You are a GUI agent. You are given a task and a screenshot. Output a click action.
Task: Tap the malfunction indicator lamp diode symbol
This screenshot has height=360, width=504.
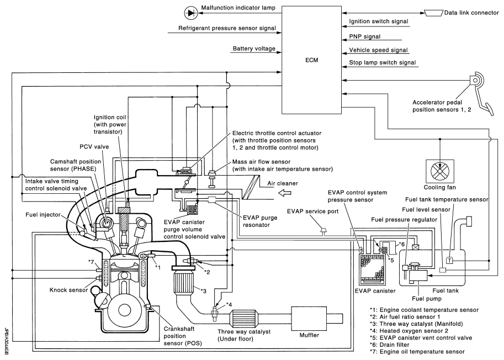pyautogui.click(x=176, y=11)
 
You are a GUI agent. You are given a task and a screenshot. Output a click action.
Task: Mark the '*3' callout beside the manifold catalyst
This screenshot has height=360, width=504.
pyautogui.click(x=204, y=291)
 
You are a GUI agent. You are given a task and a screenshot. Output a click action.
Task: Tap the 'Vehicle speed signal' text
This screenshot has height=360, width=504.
pyautogui.click(x=379, y=49)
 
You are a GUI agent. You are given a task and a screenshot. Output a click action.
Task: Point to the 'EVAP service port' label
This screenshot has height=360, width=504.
pyautogui.click(x=311, y=211)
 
